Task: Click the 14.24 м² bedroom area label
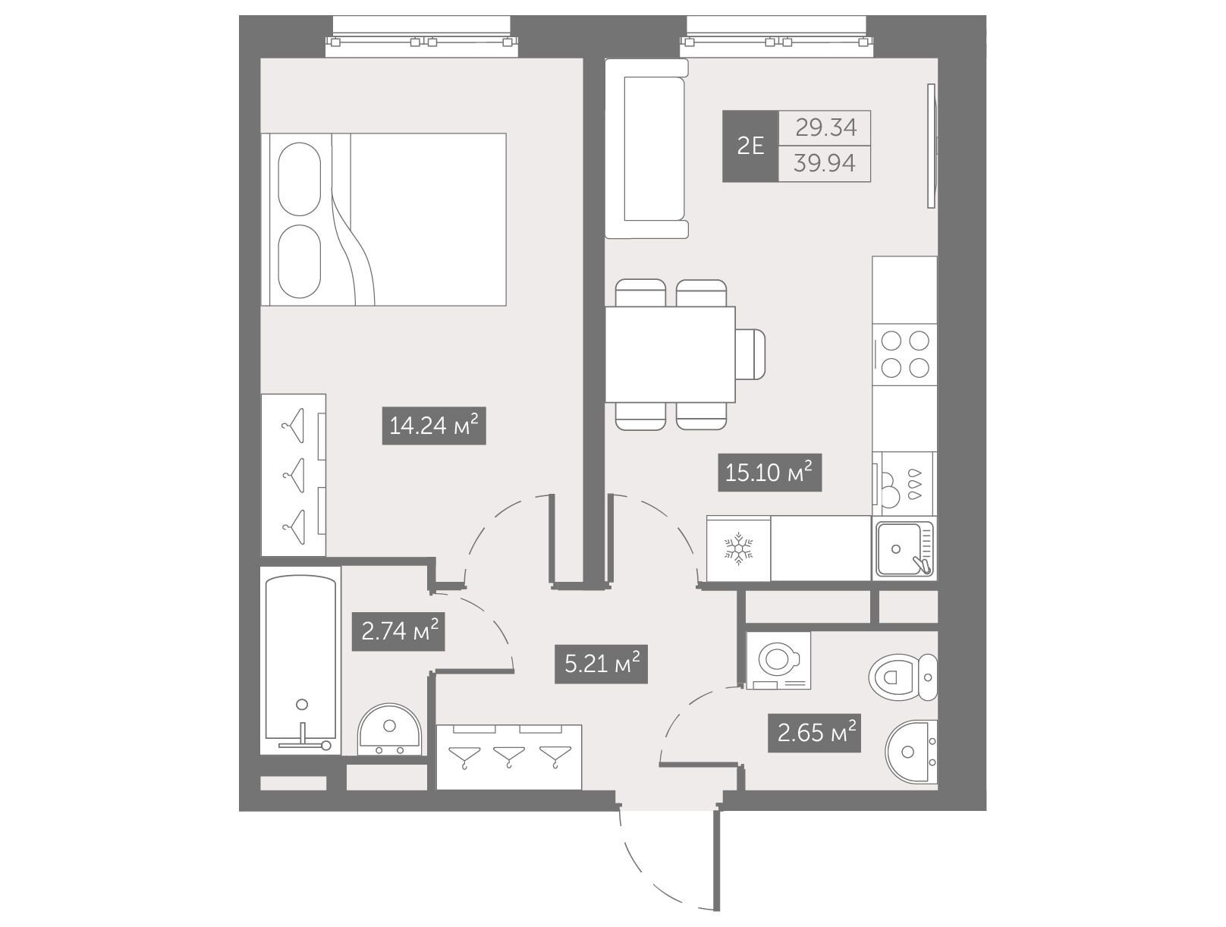tap(433, 426)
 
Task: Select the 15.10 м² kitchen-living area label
tap(769, 473)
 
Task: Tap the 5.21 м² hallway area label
tap(601, 665)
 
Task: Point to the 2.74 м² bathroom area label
tap(398, 632)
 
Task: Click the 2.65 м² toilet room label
tap(814, 734)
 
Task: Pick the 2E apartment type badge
tap(750, 146)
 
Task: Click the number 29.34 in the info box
tap(825, 128)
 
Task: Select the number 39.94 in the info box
tap(825, 164)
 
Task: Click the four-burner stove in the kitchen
tap(905, 354)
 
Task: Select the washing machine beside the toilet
tap(778, 660)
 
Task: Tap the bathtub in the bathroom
tap(301, 661)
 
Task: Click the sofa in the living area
tap(647, 149)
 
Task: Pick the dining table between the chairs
tap(670, 354)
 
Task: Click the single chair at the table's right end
tap(750, 354)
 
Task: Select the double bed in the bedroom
tap(384, 219)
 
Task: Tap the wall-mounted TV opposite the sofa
tap(931, 146)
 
